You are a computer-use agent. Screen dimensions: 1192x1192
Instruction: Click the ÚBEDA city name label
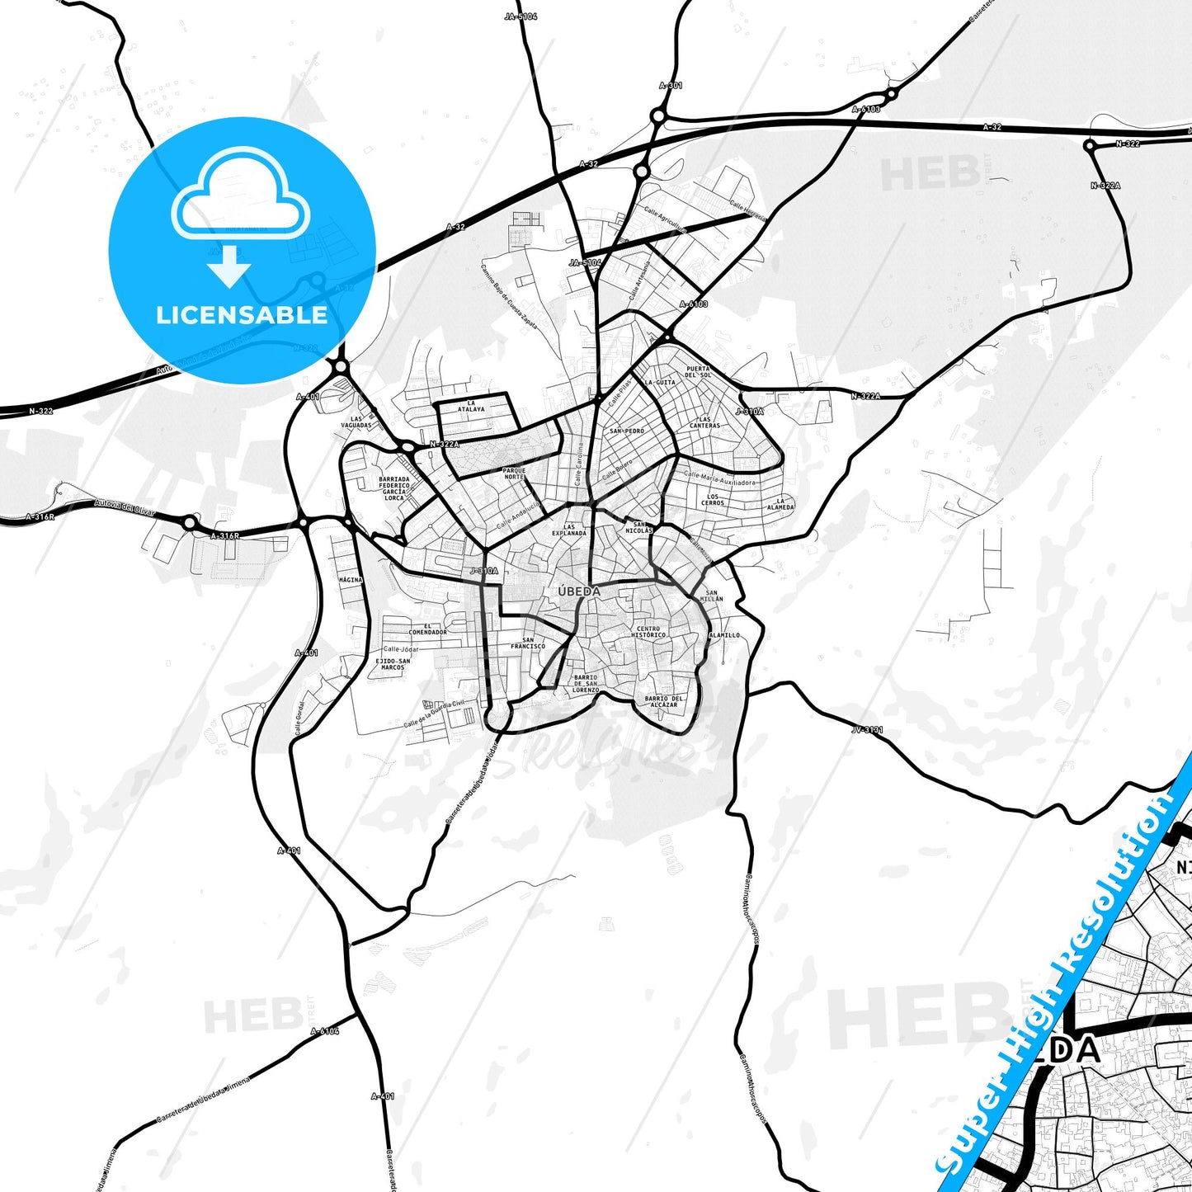[x=579, y=591]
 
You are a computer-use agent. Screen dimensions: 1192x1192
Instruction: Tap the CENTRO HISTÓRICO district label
[x=648, y=632]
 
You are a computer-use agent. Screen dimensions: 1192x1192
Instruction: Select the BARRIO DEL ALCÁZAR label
[x=664, y=702]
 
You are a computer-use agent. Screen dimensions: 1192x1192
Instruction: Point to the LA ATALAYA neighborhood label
[x=471, y=406]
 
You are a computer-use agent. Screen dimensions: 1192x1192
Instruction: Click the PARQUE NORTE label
[x=514, y=474]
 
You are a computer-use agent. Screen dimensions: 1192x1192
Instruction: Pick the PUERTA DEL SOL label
[x=698, y=372]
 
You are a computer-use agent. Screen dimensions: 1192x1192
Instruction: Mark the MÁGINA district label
[x=351, y=580]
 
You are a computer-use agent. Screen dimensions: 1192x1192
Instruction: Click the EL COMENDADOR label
[x=427, y=629]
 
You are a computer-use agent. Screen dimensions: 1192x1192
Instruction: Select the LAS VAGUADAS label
[x=357, y=422]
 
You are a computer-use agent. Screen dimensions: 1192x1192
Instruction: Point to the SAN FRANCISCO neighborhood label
[x=528, y=643]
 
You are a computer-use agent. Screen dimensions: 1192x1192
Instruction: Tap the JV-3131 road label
[x=867, y=730]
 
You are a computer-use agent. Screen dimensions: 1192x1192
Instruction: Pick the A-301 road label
[x=671, y=86]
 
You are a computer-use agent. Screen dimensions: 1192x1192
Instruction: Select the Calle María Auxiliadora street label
[x=719, y=478]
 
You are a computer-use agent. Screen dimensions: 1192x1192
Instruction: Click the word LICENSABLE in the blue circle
[x=242, y=314]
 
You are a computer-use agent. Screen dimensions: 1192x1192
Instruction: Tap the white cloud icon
[x=240, y=196]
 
